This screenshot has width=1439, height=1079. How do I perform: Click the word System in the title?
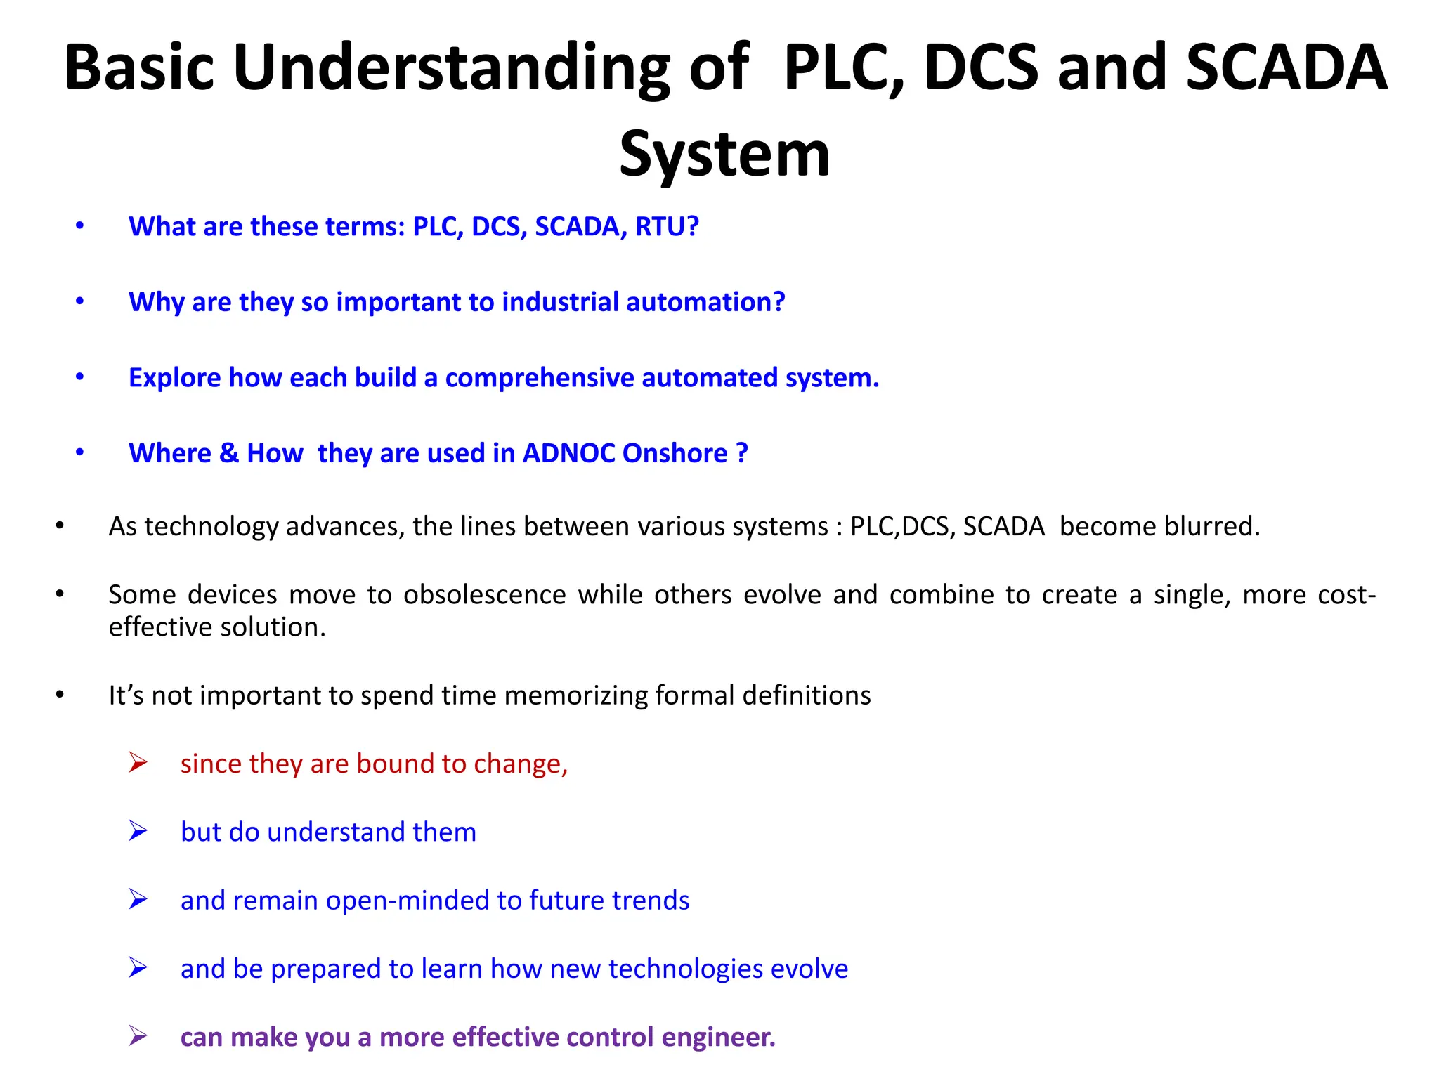click(724, 155)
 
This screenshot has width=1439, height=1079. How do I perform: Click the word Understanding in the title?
click(451, 68)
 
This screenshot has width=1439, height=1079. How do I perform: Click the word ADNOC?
click(568, 453)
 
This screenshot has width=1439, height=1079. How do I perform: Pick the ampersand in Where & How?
click(229, 453)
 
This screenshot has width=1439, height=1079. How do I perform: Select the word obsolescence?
click(484, 595)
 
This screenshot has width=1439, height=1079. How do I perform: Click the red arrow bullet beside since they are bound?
click(138, 762)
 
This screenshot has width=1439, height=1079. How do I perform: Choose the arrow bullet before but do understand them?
click(138, 831)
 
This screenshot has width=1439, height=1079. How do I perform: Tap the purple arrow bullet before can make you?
click(138, 1035)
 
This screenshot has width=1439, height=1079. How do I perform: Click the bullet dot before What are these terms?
click(80, 226)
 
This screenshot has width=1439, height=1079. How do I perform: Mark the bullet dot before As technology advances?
click(60, 526)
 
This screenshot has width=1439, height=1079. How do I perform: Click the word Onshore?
click(675, 453)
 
